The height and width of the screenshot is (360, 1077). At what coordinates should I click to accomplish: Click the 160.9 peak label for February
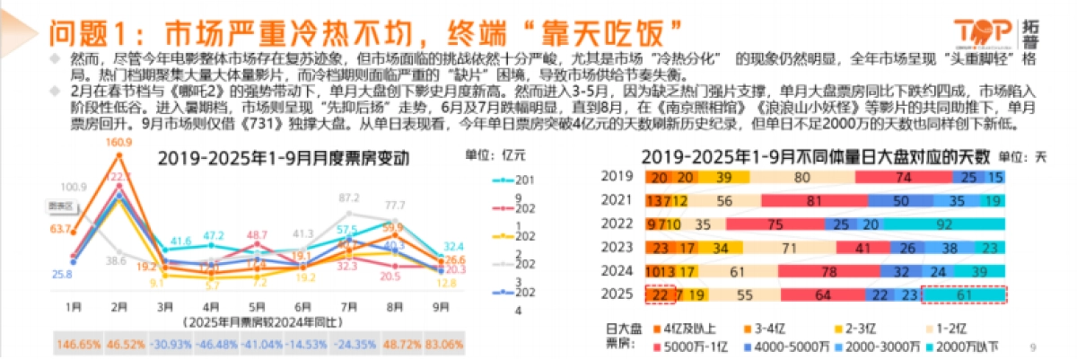point(118,143)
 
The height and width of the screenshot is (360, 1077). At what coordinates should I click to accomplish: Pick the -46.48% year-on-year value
point(213,344)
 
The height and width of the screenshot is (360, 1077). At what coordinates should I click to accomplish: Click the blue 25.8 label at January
point(62,274)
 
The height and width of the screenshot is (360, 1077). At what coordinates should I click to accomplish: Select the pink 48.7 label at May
point(258,235)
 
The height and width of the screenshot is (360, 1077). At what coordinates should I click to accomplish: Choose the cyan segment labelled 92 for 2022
point(962,224)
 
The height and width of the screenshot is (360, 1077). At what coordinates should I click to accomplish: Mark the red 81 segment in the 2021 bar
point(814,200)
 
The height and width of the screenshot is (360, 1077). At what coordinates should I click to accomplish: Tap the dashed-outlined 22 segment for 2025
point(660,294)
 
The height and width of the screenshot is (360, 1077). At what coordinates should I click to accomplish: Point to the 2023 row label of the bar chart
point(617,247)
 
